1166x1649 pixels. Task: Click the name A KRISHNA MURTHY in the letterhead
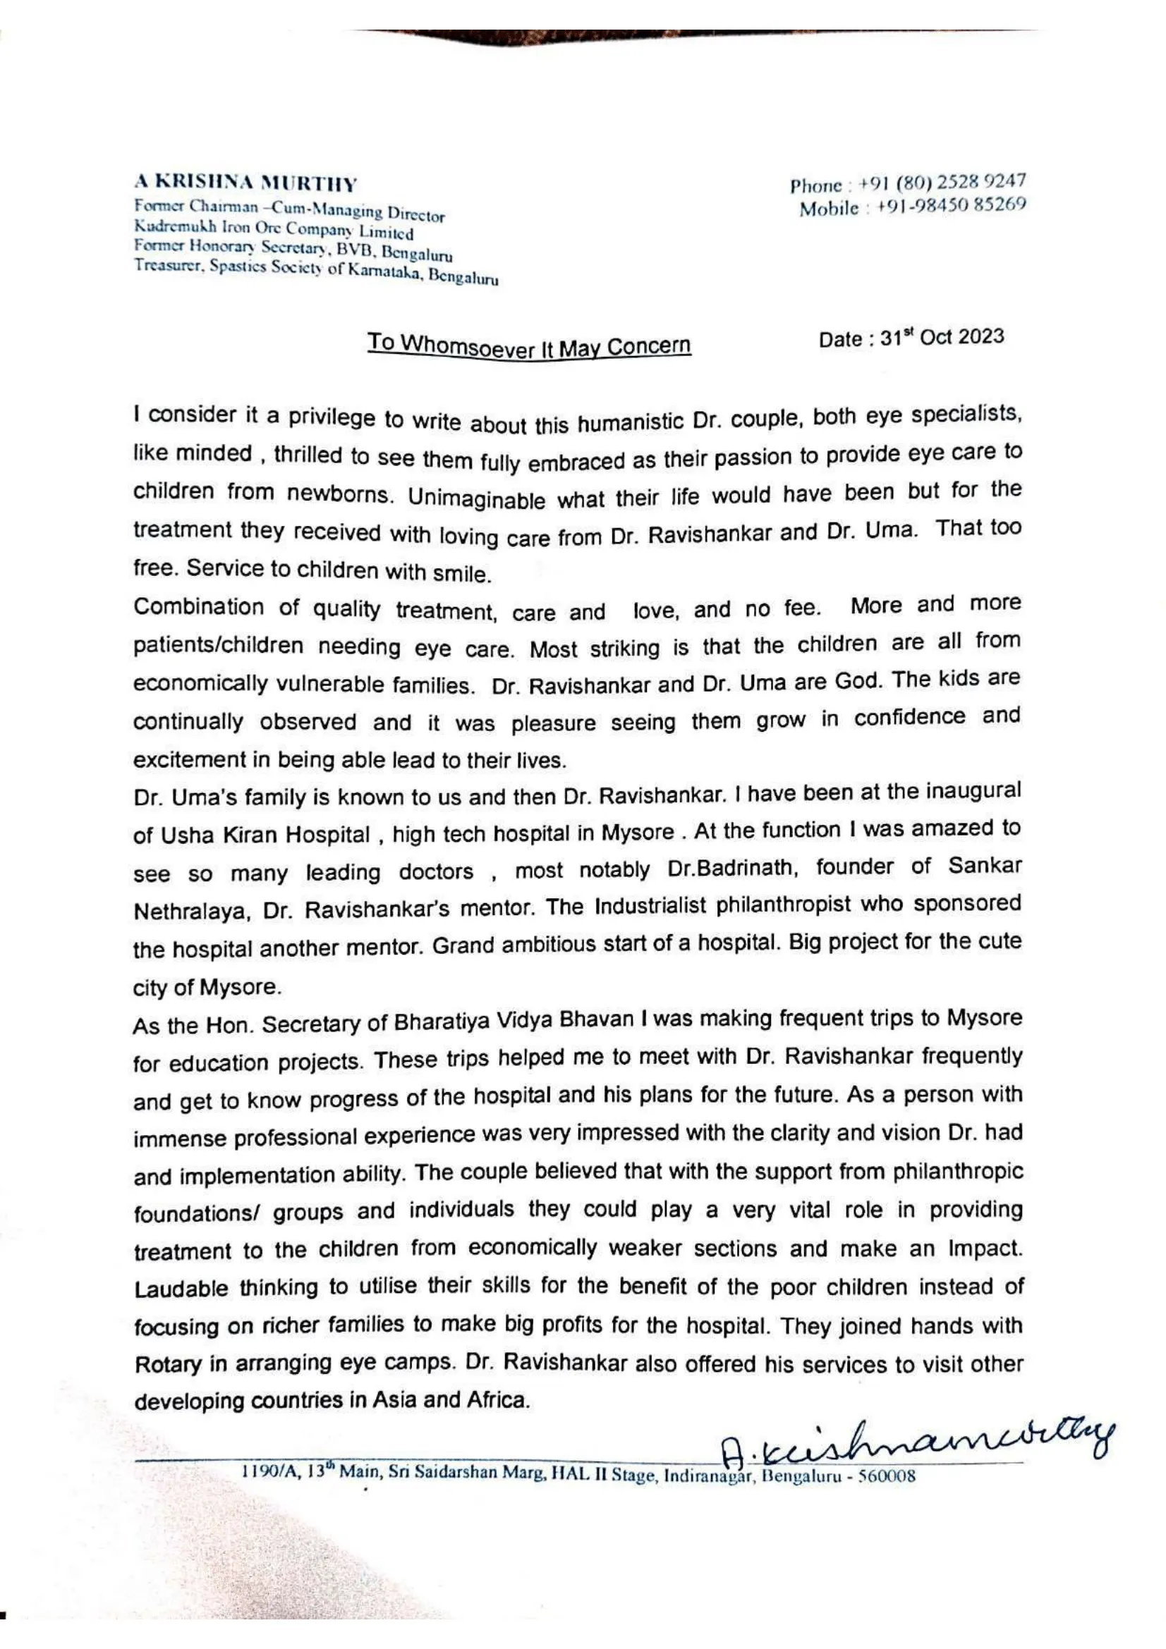point(245,183)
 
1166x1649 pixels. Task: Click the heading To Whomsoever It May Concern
point(529,345)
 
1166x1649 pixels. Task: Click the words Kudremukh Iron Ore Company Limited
point(274,230)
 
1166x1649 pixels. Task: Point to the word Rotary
point(167,1364)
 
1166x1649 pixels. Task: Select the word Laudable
point(181,1289)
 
